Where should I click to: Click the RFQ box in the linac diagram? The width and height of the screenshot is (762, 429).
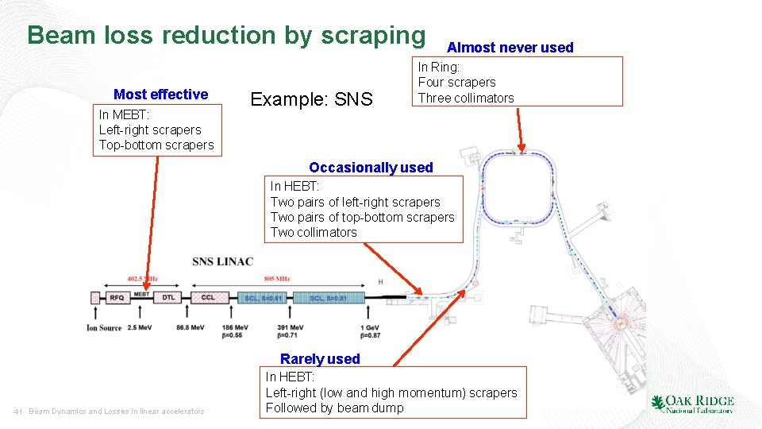tap(116, 297)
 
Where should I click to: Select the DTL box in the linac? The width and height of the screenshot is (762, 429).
tap(168, 297)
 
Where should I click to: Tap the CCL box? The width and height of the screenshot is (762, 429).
tap(208, 297)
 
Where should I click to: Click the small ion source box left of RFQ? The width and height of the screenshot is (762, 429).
tap(94, 297)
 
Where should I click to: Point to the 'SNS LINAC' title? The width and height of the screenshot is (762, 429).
tap(223, 261)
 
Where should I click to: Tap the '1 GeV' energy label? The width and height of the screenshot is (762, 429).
tap(369, 327)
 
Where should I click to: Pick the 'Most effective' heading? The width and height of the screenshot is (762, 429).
tap(160, 95)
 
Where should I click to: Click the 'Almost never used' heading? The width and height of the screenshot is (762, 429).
tap(510, 48)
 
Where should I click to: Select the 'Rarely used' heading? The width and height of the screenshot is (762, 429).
tap(320, 359)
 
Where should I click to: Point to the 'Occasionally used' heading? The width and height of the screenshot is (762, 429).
tap(371, 168)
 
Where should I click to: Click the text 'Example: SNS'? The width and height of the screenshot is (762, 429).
tap(311, 99)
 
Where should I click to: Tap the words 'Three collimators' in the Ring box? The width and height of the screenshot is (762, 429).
tap(466, 98)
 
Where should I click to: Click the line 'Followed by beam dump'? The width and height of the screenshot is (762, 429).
tap(334, 408)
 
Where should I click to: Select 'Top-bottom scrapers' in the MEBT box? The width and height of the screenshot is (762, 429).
tap(156, 145)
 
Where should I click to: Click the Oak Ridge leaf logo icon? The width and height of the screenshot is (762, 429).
tap(658, 403)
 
